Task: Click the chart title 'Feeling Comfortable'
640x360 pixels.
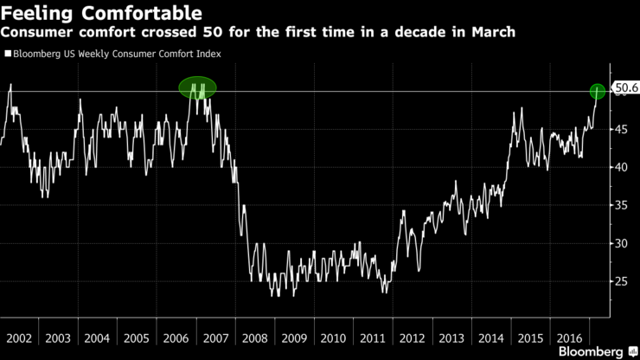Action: [102, 14]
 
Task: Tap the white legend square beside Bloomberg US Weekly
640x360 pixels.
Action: [7, 54]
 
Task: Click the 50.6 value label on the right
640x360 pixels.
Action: [625, 87]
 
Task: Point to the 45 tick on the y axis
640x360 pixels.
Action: [620, 129]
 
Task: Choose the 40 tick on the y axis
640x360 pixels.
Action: [620, 167]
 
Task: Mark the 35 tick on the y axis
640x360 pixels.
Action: [620, 205]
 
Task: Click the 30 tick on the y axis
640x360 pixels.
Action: [620, 243]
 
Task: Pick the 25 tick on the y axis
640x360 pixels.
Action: [620, 281]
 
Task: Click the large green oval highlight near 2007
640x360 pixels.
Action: [197, 87]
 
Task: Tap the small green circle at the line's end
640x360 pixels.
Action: [597, 91]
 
